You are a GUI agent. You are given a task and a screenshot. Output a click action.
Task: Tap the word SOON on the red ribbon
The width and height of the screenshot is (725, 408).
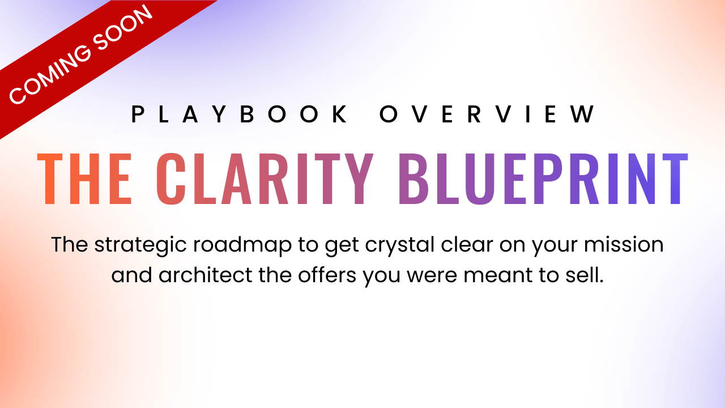(x=122, y=28)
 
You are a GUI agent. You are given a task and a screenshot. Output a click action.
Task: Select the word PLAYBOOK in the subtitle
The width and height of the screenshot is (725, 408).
(x=239, y=114)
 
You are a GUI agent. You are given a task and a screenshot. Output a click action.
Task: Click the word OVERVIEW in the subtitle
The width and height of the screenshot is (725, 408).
(x=487, y=114)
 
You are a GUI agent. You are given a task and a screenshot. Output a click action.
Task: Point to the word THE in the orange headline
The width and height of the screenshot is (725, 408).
(x=84, y=178)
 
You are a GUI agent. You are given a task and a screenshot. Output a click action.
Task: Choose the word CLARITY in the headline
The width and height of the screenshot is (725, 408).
(x=265, y=178)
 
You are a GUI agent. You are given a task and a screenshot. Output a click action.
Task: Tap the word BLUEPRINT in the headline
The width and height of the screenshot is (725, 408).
(x=543, y=178)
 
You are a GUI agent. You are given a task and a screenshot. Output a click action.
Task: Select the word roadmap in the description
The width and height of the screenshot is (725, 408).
(x=242, y=245)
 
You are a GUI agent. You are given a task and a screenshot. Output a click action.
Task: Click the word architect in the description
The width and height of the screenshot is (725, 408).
(x=205, y=275)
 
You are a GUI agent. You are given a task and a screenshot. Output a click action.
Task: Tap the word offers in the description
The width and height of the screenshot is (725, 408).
(x=327, y=275)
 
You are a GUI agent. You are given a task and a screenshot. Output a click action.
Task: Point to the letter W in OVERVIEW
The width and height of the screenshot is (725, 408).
(x=583, y=114)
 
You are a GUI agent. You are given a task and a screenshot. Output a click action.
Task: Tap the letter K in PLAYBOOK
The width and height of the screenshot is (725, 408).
(x=340, y=114)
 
